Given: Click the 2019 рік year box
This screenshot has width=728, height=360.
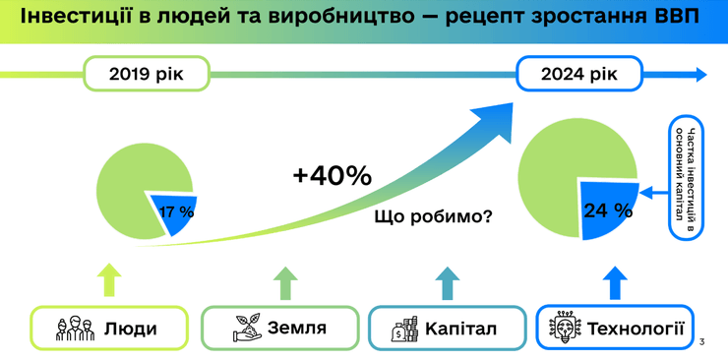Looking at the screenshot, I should [x=146, y=74].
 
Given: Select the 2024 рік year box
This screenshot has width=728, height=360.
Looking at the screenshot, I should [x=579, y=74].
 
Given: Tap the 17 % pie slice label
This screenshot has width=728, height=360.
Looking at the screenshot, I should [x=176, y=211].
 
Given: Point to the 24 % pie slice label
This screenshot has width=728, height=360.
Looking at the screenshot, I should [x=607, y=210].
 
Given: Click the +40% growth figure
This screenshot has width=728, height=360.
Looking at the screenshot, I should [x=332, y=176].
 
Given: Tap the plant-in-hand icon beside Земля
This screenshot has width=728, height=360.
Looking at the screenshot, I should [x=245, y=328].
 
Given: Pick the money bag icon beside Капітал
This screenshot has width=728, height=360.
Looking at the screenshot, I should [x=404, y=328].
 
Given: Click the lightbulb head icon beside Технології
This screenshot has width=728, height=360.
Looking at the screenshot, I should [x=565, y=328].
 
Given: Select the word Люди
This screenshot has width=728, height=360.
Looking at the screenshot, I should [x=130, y=328].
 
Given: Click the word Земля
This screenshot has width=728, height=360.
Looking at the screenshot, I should [x=296, y=328].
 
